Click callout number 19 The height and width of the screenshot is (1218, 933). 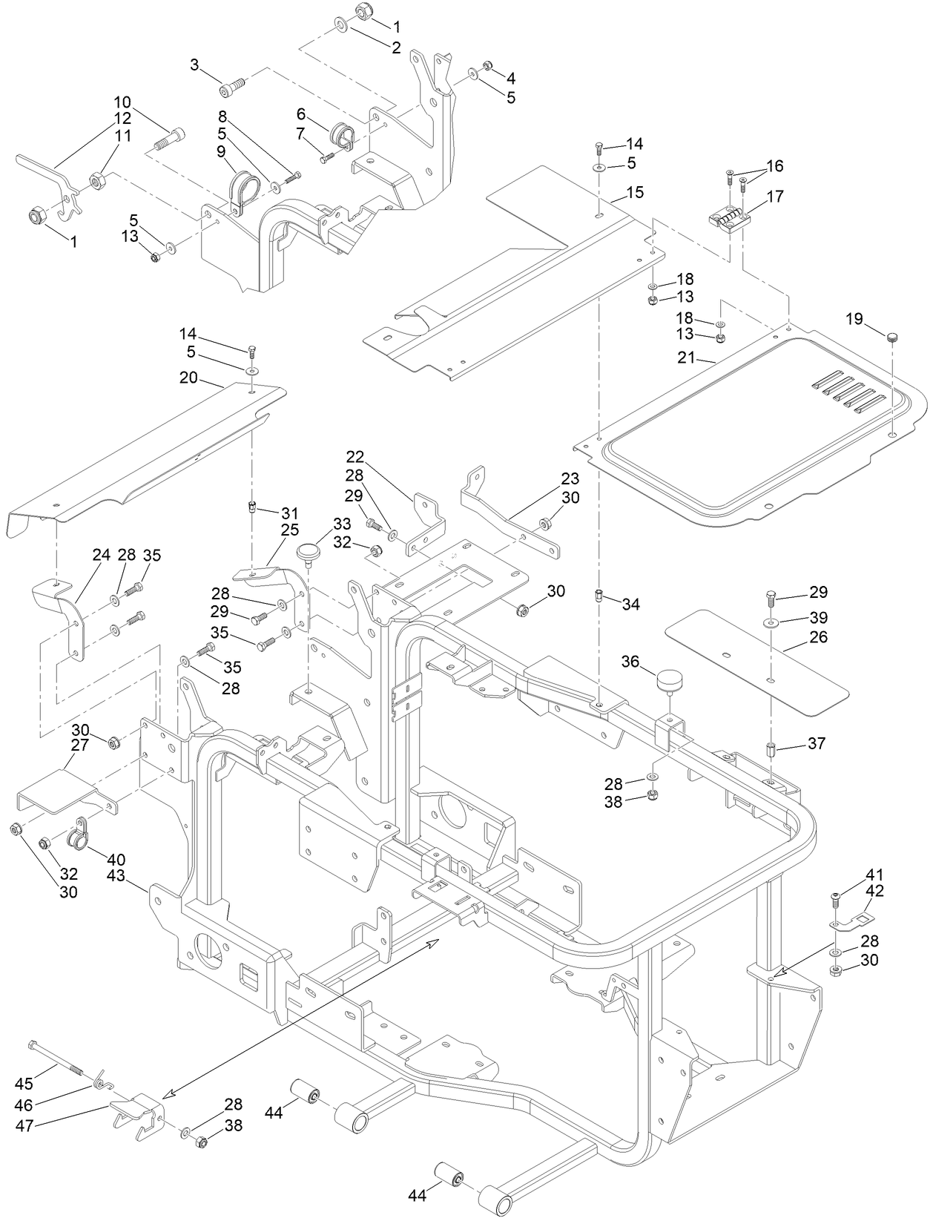854,319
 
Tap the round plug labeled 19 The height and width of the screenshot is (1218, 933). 894,337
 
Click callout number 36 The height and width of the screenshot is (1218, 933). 630,660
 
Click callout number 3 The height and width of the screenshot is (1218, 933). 195,66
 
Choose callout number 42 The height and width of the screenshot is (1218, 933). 875,891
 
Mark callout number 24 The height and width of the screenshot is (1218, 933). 101,554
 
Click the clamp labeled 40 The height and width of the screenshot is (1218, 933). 79,835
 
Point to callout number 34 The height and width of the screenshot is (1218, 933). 630,605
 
